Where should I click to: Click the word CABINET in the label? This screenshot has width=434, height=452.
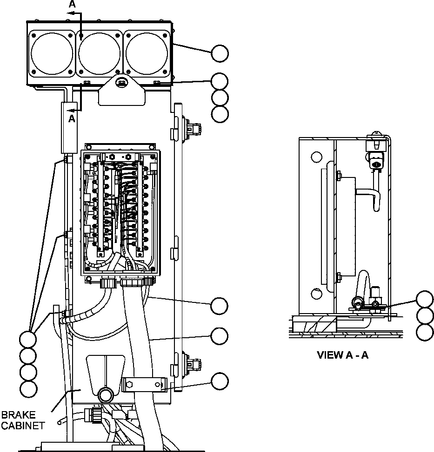pos(23,425)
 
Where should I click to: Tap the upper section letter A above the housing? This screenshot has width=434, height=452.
pos(72,4)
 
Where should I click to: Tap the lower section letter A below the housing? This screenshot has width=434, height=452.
pos(72,119)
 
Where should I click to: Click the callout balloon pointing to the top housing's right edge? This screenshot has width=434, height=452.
pos(220,53)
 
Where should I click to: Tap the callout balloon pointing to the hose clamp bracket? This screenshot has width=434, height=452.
pos(220,381)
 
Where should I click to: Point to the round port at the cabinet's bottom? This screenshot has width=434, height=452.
pos(105,396)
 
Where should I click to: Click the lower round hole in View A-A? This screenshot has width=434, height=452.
pos(316,294)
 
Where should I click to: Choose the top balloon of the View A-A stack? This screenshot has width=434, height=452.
pos(424,299)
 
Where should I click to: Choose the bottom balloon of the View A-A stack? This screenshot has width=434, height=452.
pos(424,332)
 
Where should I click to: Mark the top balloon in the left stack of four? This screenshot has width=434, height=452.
pos(28,339)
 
